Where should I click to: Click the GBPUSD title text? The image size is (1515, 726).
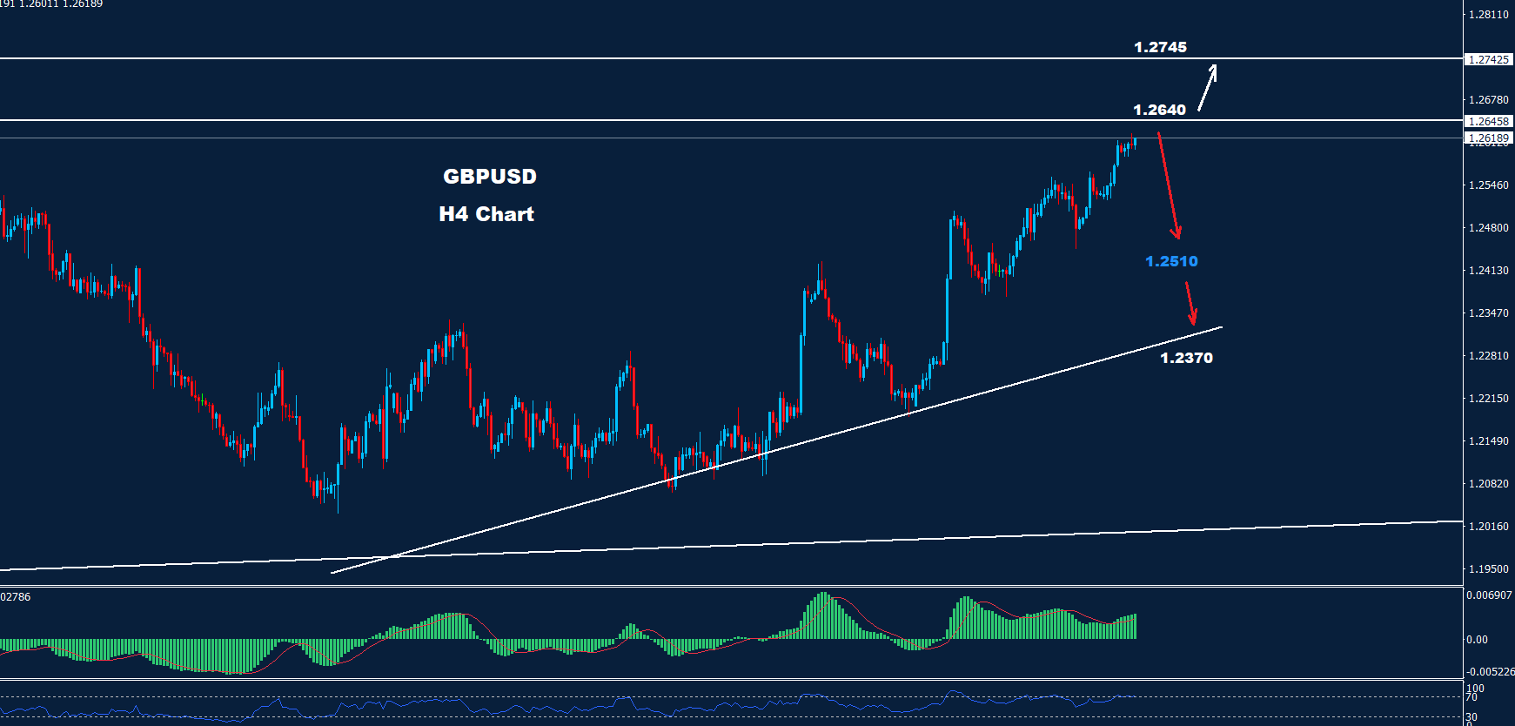point(490,177)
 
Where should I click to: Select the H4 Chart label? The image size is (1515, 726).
point(486,214)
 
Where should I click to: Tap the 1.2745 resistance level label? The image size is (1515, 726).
point(1160,47)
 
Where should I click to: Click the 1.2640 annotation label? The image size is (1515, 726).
point(1159,110)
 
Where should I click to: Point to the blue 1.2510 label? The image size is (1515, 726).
point(1171,261)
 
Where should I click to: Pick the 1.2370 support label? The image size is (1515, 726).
point(1186,358)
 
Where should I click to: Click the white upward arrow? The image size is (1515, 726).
point(1207,88)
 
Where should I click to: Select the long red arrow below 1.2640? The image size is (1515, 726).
point(1169,185)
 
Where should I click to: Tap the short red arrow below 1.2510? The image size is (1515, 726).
point(1190,303)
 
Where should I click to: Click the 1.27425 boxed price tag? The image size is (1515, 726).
point(1488,60)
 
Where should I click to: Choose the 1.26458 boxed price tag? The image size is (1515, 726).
point(1488,122)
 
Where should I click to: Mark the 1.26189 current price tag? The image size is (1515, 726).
point(1488,138)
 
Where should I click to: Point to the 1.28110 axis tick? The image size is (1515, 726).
point(1488,15)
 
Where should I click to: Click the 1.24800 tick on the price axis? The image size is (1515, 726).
point(1488,228)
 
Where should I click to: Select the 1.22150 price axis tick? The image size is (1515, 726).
point(1488,399)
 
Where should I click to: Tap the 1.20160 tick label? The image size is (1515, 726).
point(1488,527)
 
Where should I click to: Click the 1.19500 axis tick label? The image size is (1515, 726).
point(1488,569)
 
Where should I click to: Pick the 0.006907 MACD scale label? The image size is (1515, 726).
point(1489,595)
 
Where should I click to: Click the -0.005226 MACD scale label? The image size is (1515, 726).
point(1490,672)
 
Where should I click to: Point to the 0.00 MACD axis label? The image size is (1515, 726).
point(1477,640)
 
